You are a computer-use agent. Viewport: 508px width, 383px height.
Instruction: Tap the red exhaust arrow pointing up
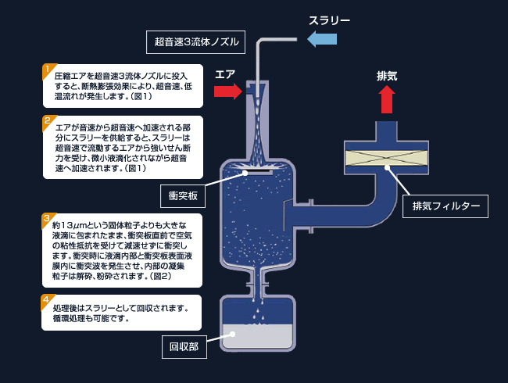click(386, 100)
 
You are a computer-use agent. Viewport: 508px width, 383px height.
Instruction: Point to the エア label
click(225, 74)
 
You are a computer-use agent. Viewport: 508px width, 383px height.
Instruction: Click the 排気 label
click(387, 76)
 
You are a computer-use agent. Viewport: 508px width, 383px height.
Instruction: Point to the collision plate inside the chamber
click(257, 172)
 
